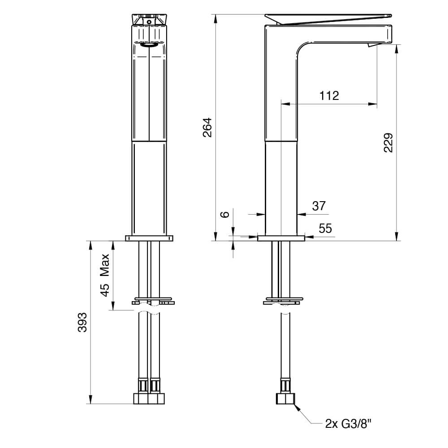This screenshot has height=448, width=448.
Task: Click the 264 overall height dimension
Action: (207, 127)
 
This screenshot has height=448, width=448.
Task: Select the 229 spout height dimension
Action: (388, 142)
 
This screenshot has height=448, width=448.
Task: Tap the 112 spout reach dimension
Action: (329, 95)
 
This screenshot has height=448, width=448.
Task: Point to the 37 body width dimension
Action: (319, 206)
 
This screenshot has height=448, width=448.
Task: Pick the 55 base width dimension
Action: (325, 229)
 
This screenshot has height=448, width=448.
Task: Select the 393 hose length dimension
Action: (82, 322)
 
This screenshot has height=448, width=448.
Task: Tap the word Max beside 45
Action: (105, 265)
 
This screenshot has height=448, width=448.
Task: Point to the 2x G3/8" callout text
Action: (349, 423)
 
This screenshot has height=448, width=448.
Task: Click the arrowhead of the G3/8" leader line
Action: (296, 406)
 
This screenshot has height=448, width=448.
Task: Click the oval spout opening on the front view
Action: (149, 44)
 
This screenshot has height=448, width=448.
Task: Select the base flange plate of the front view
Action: (149, 238)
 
